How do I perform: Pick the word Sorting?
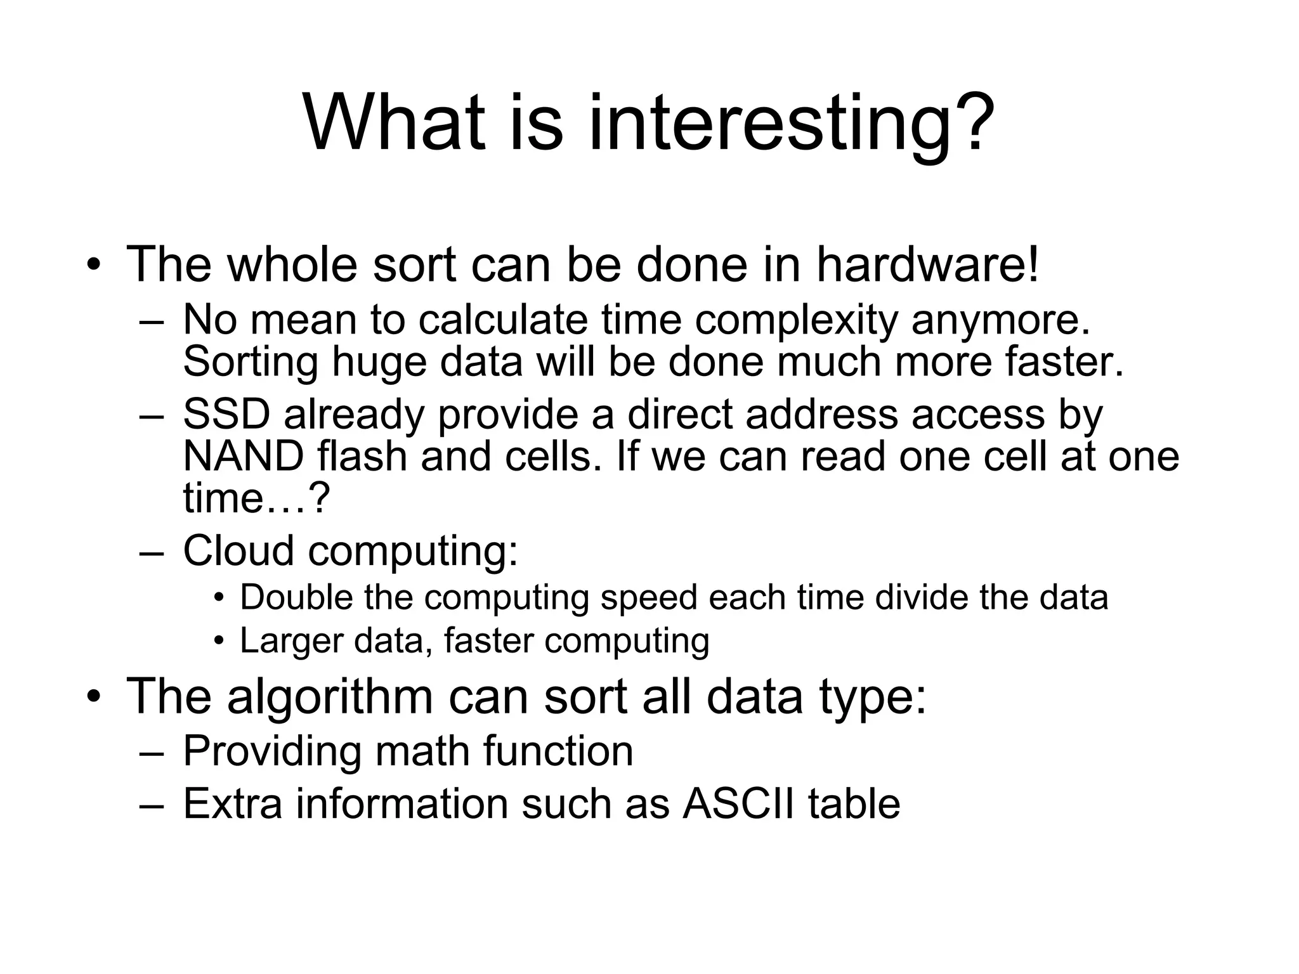pyautogui.click(x=251, y=362)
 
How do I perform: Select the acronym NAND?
pyautogui.click(x=244, y=456)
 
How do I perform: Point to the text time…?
pyautogui.click(x=256, y=498)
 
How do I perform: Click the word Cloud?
pyautogui.click(x=238, y=550)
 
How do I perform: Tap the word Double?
pyautogui.click(x=296, y=597)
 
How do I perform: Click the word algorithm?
pyautogui.click(x=330, y=696)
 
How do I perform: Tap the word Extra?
pyautogui.click(x=232, y=803)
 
